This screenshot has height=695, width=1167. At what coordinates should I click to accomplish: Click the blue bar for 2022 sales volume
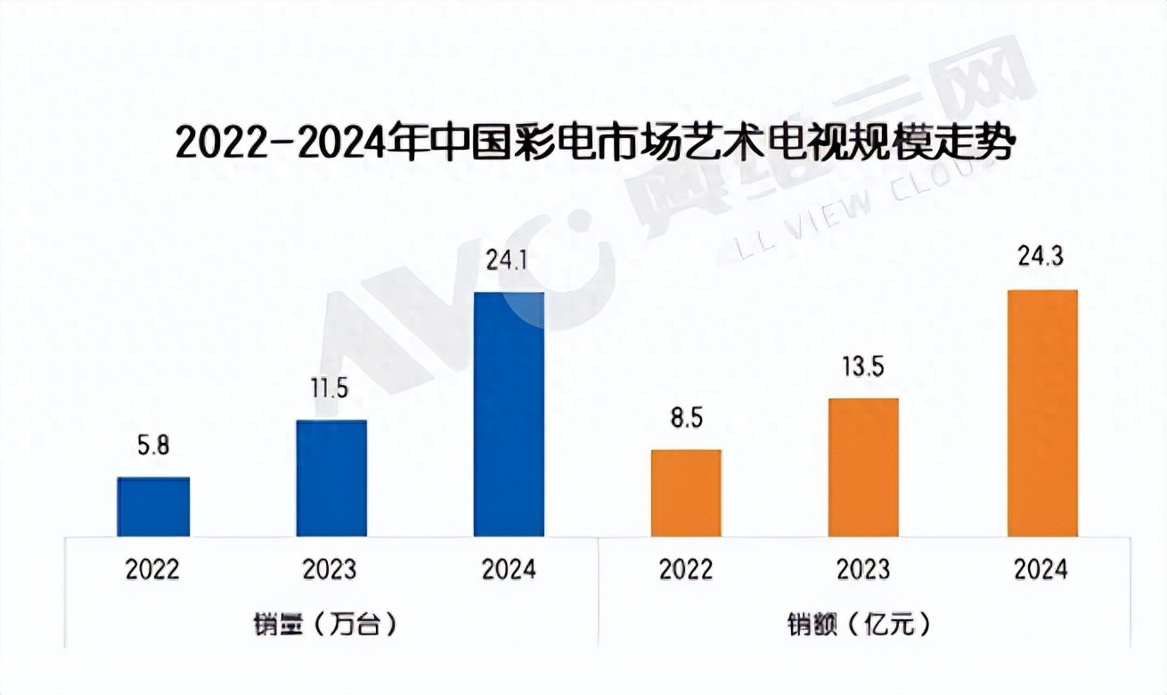pos(153,507)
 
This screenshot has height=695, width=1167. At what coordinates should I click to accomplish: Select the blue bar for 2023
pos(331,478)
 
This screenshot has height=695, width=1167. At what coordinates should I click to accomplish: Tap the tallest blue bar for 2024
pos(509,414)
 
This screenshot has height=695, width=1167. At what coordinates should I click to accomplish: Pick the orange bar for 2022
pos(686,493)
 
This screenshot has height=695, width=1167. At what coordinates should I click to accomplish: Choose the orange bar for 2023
pos(863,467)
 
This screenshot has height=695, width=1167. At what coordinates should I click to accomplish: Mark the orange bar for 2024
pos(1041,413)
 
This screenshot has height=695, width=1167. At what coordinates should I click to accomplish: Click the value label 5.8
pos(153,446)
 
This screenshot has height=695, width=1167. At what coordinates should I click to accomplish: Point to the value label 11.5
pos(331,389)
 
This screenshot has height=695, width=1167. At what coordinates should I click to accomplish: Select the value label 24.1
pos(509,262)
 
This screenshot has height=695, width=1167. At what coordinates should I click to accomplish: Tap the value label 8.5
pos(686,419)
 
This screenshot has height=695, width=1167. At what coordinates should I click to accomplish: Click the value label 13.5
pos(863,367)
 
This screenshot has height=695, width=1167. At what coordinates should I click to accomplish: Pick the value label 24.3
pos(1041,258)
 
